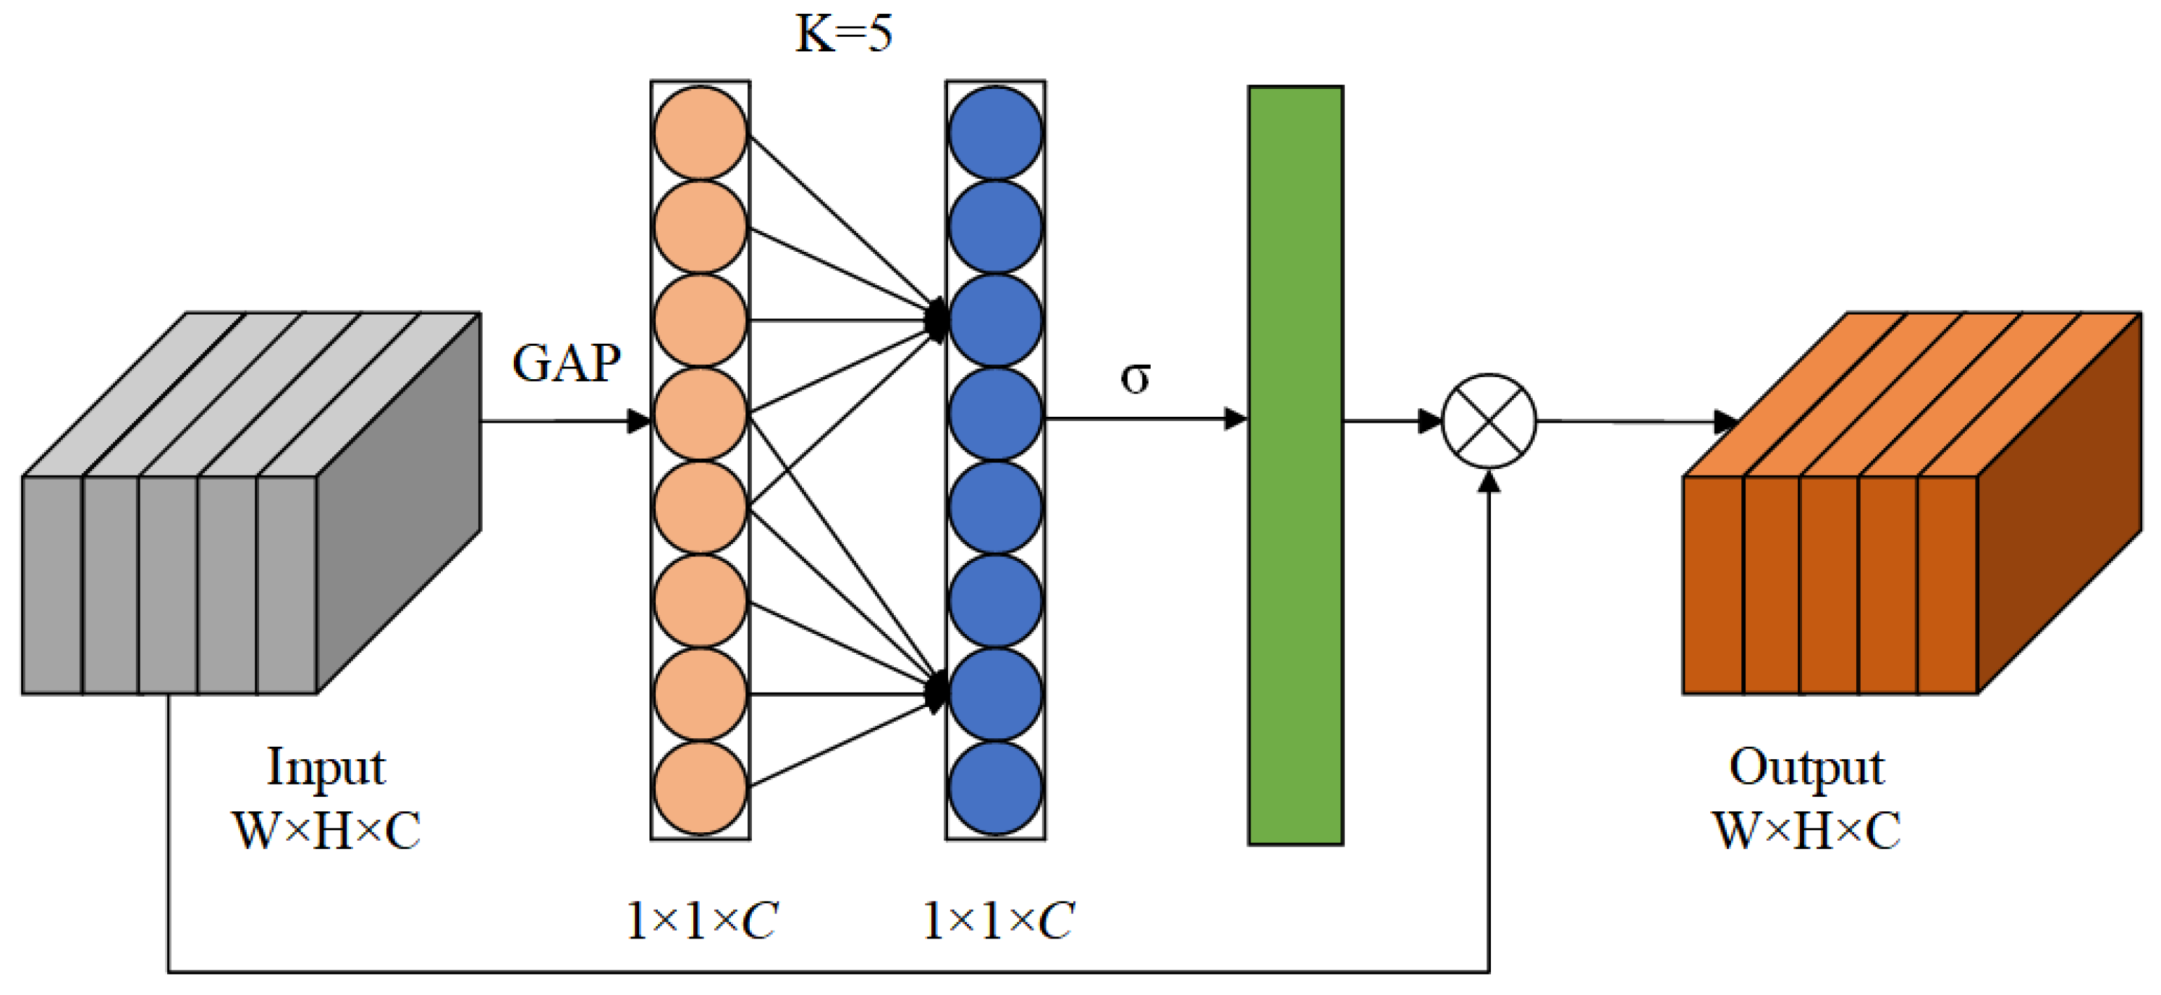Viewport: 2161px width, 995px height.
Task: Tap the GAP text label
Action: point(566,363)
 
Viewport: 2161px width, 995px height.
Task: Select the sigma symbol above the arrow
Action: point(1135,378)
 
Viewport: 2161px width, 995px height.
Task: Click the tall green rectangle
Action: point(1295,465)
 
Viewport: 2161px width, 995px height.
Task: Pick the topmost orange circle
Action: point(701,132)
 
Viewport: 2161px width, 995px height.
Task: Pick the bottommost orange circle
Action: point(701,788)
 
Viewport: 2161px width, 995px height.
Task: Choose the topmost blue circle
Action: point(996,132)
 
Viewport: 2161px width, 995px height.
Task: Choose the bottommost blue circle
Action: point(996,788)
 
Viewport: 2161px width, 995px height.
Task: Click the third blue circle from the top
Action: point(996,321)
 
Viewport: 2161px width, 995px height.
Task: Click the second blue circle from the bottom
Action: point(996,694)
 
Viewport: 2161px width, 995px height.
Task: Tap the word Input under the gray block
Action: point(326,767)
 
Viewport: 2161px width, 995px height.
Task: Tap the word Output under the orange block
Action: point(1806,767)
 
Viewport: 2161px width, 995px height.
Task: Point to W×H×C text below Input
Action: point(326,831)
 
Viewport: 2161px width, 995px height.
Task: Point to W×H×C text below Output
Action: point(1806,831)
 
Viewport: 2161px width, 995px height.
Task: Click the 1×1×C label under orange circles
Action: point(701,921)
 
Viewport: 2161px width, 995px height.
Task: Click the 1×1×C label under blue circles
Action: point(997,921)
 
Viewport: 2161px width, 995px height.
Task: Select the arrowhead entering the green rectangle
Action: point(1235,419)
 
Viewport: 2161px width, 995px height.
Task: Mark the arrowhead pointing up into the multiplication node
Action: point(1489,481)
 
